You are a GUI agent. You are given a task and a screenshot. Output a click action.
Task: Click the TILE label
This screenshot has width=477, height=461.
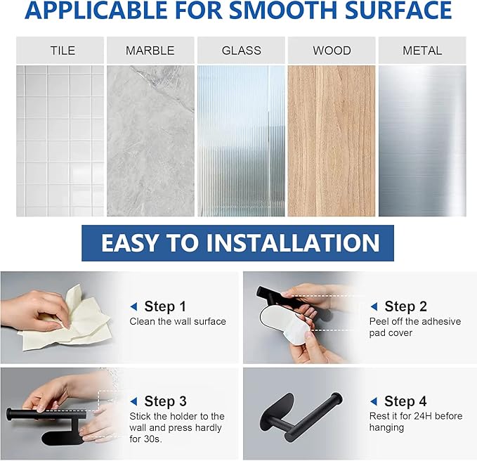point(63,51)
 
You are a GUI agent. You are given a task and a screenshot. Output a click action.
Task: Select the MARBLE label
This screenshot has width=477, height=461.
point(150,51)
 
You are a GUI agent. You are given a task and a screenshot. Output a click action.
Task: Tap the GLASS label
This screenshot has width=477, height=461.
point(241,51)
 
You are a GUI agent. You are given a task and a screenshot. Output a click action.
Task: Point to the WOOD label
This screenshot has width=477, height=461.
point(332,51)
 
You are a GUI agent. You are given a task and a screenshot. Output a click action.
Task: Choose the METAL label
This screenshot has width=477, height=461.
point(422,51)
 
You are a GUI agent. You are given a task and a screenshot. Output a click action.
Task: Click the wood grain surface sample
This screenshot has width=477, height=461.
point(332,141)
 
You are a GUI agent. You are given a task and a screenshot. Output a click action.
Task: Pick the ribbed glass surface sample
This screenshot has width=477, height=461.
point(241,141)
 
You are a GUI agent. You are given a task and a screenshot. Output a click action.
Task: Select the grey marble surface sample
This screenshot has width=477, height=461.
point(150,141)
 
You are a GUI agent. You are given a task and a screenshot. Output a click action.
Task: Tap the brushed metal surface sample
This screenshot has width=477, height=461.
point(422,141)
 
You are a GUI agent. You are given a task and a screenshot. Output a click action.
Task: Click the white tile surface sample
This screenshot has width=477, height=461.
point(60,141)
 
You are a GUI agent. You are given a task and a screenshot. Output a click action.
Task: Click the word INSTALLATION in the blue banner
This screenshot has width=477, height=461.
point(293,243)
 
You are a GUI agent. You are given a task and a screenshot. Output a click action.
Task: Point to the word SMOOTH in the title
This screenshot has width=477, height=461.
point(283,10)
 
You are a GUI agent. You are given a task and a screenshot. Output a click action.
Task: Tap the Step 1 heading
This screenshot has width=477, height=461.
point(165,306)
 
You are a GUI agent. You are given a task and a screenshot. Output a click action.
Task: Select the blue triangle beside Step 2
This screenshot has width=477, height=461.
point(374,306)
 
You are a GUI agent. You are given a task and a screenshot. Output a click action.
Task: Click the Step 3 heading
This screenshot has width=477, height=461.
point(165,401)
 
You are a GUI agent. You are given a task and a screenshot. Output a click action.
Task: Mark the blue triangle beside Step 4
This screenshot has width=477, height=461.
point(374,401)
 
